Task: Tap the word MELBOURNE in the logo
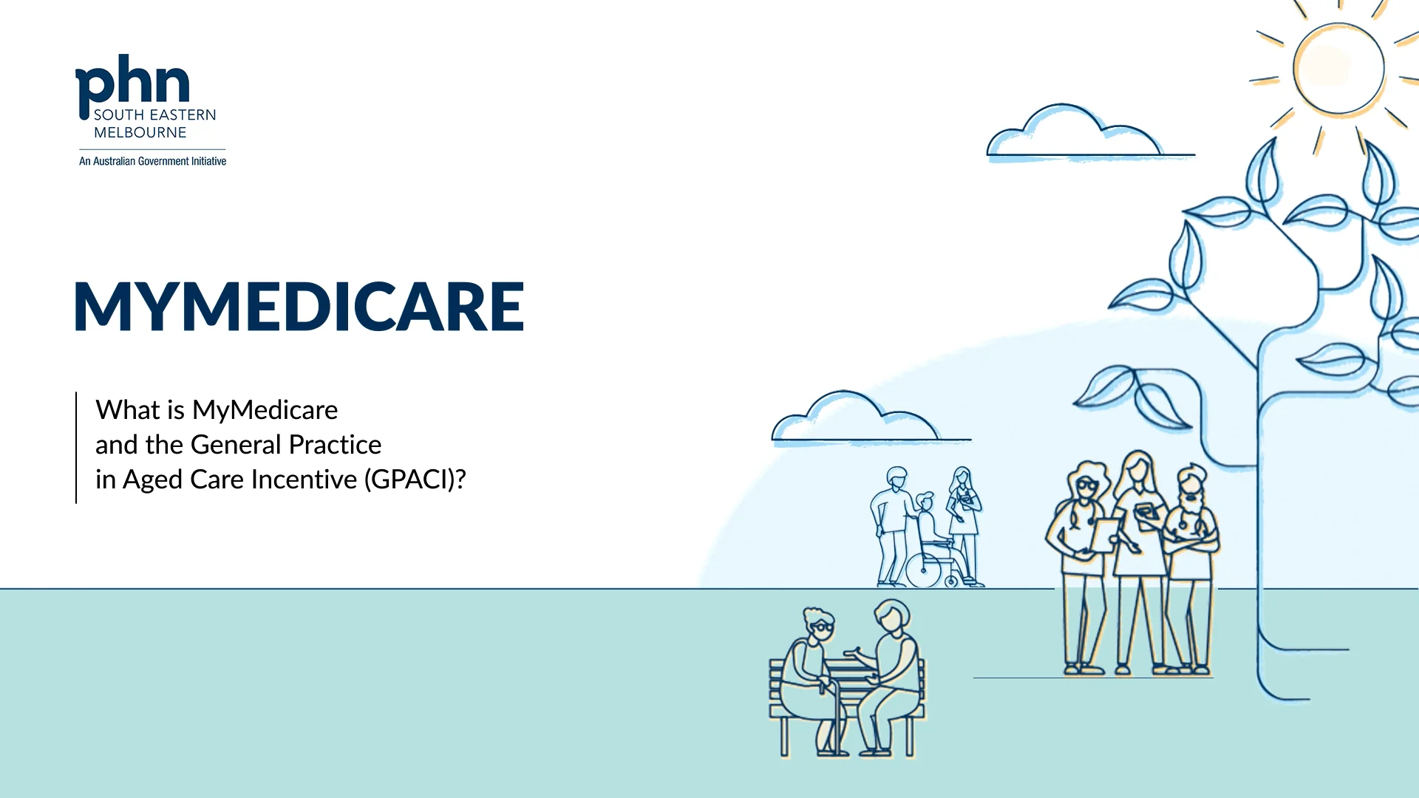pos(140,132)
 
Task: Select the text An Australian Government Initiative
pos(152,161)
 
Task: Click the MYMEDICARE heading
pos(299,306)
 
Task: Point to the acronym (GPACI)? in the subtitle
pos(415,480)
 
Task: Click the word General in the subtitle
pos(236,445)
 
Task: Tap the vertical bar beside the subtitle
pos(76,448)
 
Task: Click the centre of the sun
pos(1338,68)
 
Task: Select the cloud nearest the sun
pos(1072,133)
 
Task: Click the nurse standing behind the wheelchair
pos(963,517)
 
